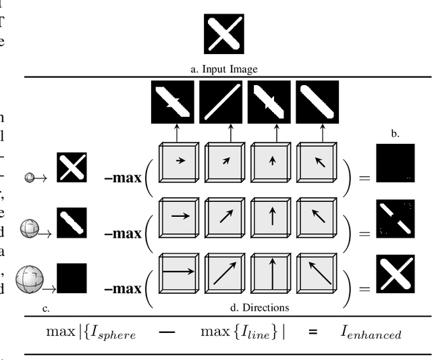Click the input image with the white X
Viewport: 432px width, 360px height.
pyautogui.click(x=223, y=34)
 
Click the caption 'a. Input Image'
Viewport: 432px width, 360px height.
pyautogui.click(x=223, y=69)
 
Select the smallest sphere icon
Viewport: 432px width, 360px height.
pyautogui.click(x=30, y=178)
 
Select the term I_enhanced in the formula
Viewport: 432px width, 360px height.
pyautogui.click(x=371, y=333)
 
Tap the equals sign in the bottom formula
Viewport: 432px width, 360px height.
pyautogui.click(x=312, y=332)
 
